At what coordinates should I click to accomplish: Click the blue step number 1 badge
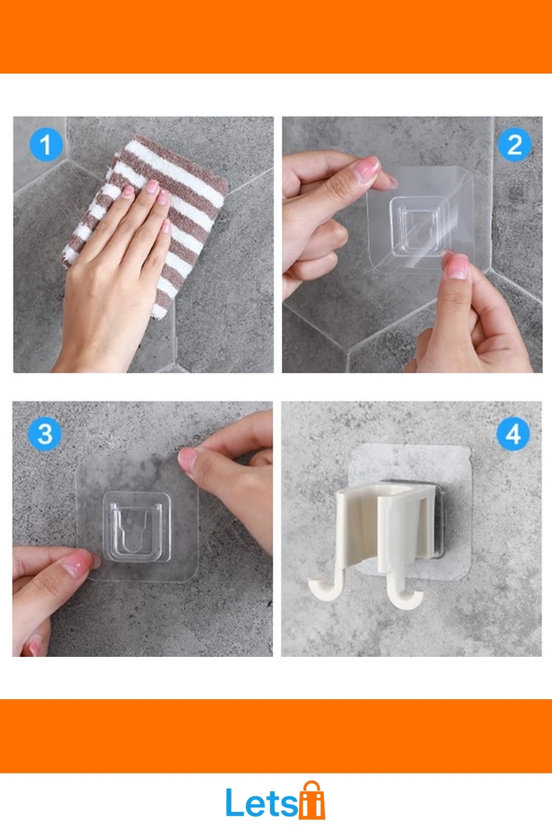point(45,145)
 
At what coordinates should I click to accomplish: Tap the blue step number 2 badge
point(514,145)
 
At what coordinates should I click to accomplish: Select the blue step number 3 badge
point(45,434)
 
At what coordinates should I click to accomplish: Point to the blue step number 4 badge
point(513,434)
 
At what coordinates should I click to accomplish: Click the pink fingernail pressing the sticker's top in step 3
point(188,459)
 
